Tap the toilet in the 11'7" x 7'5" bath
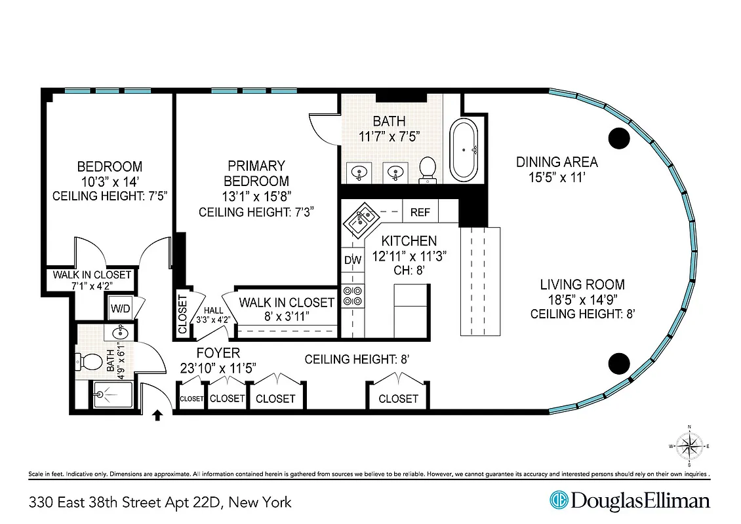pyautogui.click(x=428, y=168)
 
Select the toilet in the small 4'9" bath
pyautogui.click(x=87, y=361)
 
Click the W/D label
pyautogui.click(x=119, y=308)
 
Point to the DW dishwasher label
pyautogui.click(x=353, y=260)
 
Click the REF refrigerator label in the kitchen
pyautogui.click(x=420, y=212)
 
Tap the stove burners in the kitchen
pyautogui.click(x=353, y=296)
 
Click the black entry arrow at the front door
pyautogui.click(x=157, y=415)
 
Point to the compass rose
pyautogui.click(x=689, y=447)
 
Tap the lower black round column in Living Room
pyautogui.click(x=619, y=362)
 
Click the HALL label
pyautogui.click(x=214, y=311)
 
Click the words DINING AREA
pyautogui.click(x=557, y=162)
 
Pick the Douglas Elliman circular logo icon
pyautogui.click(x=559, y=501)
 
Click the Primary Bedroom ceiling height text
pyautogui.click(x=257, y=212)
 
